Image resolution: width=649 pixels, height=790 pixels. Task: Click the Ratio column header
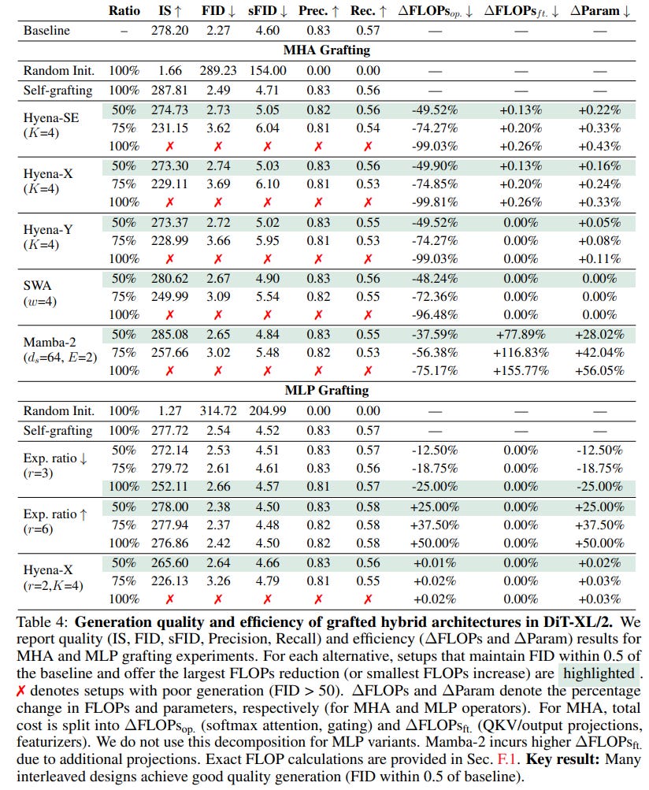pyautogui.click(x=124, y=11)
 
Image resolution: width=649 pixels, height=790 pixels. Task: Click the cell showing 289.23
pyautogui.click(x=219, y=69)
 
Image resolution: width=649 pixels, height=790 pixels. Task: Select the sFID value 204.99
pyautogui.click(x=269, y=410)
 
